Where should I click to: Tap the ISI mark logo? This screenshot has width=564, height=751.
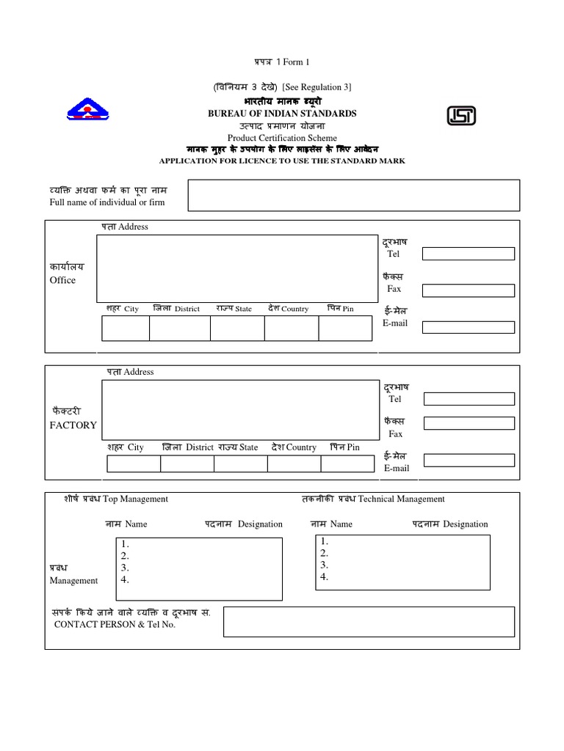coord(461,116)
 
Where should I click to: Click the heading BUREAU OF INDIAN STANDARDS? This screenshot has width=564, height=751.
coord(282,114)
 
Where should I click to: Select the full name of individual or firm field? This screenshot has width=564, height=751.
coord(354,195)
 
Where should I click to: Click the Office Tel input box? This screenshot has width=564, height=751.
coord(468,254)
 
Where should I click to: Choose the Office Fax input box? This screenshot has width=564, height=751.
coord(468,290)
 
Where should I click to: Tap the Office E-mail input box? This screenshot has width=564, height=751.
coord(468,327)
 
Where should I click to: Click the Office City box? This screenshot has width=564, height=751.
coord(125,329)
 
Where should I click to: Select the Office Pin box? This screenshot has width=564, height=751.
coord(345,329)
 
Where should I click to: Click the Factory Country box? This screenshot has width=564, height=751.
coord(294,464)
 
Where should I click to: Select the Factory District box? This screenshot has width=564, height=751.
coord(187,464)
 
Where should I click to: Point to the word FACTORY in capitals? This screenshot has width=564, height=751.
coord(73,425)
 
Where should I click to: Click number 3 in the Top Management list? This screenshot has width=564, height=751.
coord(125,568)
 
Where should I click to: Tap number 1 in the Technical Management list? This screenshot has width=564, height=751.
coord(324,541)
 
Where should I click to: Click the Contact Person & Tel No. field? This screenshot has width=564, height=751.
coord(368,621)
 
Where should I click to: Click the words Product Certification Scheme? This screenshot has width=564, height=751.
coord(282,138)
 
